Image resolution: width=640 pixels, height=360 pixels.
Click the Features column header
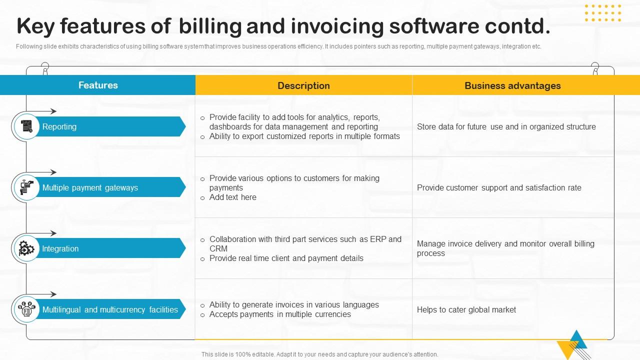pyautogui.click(x=98, y=85)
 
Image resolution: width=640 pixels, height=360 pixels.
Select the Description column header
pyautogui.click(x=303, y=85)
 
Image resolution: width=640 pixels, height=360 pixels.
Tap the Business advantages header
pyautogui.click(x=512, y=85)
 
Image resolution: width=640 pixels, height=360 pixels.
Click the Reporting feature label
pyautogui.click(x=59, y=126)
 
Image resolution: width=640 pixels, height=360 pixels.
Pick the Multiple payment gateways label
pyautogui.click(x=90, y=187)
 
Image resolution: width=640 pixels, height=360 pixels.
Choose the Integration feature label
pyautogui.click(x=60, y=248)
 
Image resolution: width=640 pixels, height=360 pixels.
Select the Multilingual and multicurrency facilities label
pyautogui.click(x=110, y=309)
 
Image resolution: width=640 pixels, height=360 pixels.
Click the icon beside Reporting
pyautogui.click(x=26, y=126)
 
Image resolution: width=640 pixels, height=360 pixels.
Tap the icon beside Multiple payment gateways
pyautogui.click(x=26, y=187)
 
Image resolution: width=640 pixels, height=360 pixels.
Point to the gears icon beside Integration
pyautogui.click(x=26, y=248)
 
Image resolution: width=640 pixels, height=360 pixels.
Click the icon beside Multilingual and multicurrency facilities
pyautogui.click(x=26, y=309)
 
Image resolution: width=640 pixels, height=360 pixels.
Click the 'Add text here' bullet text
pyautogui.click(x=233, y=197)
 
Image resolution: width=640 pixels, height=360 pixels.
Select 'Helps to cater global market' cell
pyautogui.click(x=466, y=309)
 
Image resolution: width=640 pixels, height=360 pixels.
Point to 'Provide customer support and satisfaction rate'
pyautogui.click(x=499, y=187)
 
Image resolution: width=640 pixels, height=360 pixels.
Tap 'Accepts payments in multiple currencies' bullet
pyautogui.click(x=280, y=314)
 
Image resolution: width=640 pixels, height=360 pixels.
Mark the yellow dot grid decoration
pyautogui.click(x=603, y=13)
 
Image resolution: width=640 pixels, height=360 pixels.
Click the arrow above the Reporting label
pyautogui.click(x=41, y=111)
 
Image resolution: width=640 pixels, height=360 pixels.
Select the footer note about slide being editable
pyautogui.click(x=319, y=354)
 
